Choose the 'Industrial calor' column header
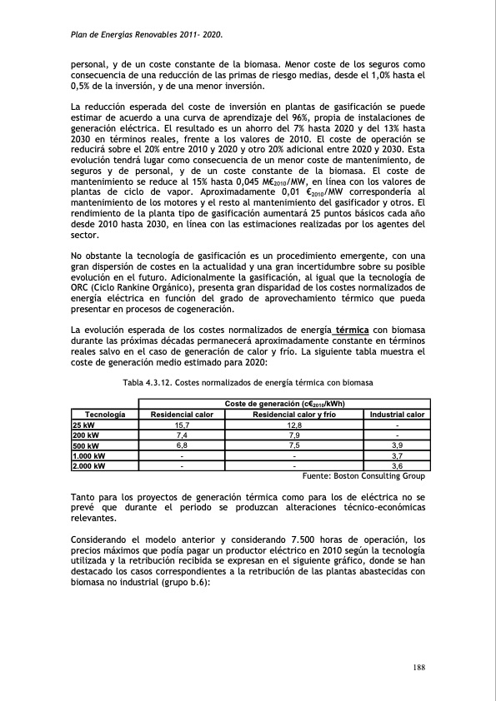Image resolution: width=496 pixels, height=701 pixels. click(x=397, y=414)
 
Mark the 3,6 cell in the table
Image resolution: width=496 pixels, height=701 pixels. click(x=397, y=466)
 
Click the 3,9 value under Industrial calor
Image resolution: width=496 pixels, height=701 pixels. click(x=397, y=445)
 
